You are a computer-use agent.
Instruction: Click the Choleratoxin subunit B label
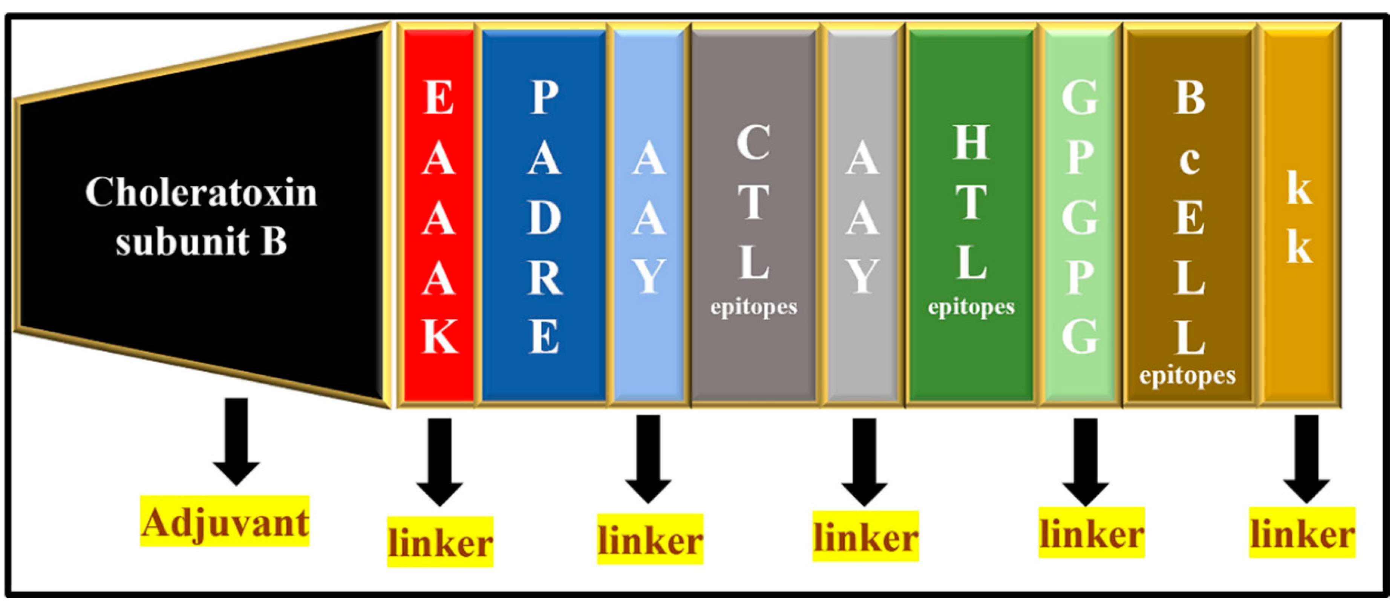[x=201, y=216]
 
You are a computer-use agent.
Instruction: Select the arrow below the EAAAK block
[x=439, y=461]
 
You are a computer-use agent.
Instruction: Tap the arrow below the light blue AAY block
[x=648, y=459]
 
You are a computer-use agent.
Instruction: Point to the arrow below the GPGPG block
[x=1086, y=461]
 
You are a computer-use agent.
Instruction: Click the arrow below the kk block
[x=1306, y=459]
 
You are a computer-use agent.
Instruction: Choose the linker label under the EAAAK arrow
[x=439, y=542]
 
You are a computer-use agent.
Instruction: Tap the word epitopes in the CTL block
[x=754, y=307]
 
